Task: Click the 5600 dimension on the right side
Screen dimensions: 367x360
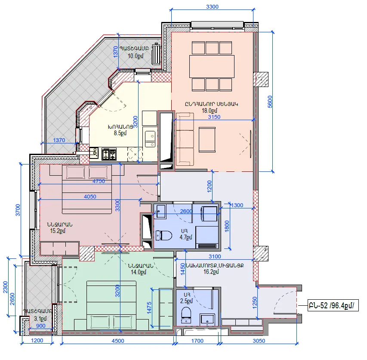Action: (270, 102)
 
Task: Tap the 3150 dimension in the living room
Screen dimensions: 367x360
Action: (214, 117)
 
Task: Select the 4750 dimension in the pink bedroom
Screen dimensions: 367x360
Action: (99, 181)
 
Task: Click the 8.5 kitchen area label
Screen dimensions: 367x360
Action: (120, 133)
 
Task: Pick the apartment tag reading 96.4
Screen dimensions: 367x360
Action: (333, 305)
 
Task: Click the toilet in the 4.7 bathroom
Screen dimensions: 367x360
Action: (164, 236)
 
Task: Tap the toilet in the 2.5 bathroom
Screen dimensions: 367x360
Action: (186, 315)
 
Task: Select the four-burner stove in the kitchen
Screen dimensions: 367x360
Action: (109, 154)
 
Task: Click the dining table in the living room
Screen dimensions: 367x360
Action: (212, 66)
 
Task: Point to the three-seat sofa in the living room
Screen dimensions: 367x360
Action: (185, 139)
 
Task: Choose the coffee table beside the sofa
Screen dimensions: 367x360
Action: (207, 140)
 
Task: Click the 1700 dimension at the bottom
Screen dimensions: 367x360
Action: (197, 341)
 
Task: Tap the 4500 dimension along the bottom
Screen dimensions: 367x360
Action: (118, 341)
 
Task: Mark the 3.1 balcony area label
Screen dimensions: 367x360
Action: (40, 319)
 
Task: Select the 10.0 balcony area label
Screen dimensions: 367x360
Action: (135, 56)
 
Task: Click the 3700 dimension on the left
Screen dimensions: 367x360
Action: (18, 210)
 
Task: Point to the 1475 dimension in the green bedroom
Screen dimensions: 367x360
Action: (149, 308)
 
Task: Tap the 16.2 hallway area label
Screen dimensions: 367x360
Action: (211, 272)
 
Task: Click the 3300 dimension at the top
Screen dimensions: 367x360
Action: (212, 6)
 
